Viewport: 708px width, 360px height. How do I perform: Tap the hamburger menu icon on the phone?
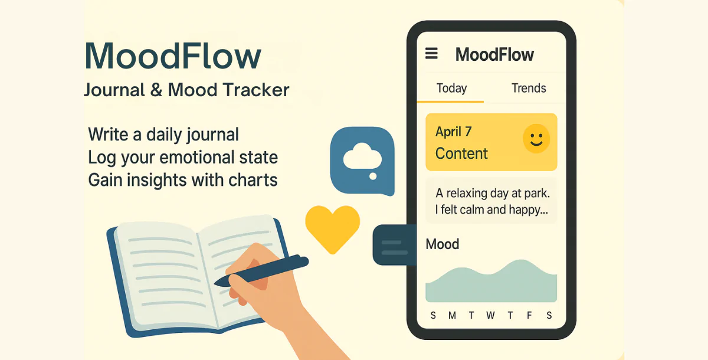[432, 54]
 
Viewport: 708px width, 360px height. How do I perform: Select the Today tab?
[451, 89]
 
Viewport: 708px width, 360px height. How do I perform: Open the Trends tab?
[529, 89]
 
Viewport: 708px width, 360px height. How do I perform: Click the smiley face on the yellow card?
[536, 139]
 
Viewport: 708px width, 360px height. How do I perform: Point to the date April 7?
[453, 132]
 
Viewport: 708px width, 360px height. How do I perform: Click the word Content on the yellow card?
[461, 153]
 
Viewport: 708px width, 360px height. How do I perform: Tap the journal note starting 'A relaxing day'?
[491, 201]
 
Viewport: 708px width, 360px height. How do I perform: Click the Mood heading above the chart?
[442, 244]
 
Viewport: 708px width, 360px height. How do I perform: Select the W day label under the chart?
[490, 316]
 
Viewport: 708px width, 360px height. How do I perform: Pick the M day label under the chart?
[452, 316]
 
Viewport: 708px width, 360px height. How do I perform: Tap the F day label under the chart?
[529, 316]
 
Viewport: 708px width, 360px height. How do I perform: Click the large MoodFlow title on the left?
[172, 57]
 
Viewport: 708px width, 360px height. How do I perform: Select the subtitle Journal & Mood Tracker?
[186, 90]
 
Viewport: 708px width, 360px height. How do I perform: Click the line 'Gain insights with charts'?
[183, 180]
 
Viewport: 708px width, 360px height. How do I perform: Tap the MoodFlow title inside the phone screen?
[494, 55]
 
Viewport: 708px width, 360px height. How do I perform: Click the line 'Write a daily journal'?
[163, 134]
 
